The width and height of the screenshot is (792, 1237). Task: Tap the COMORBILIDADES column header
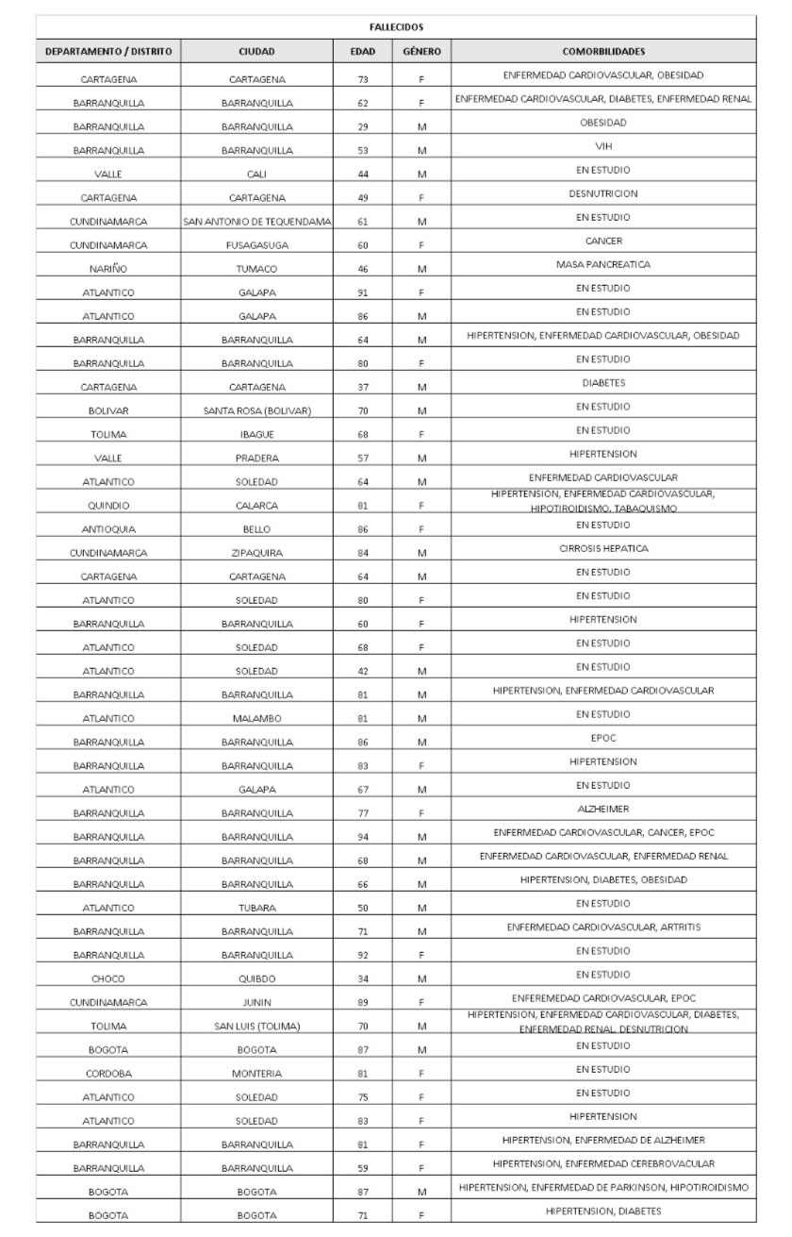tap(603, 52)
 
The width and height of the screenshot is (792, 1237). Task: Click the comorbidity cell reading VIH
tap(603, 146)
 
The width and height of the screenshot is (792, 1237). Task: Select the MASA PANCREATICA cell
tap(603, 264)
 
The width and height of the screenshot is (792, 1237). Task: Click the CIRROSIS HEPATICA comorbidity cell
tap(603, 548)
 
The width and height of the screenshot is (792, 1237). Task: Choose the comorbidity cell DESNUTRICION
tap(603, 193)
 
